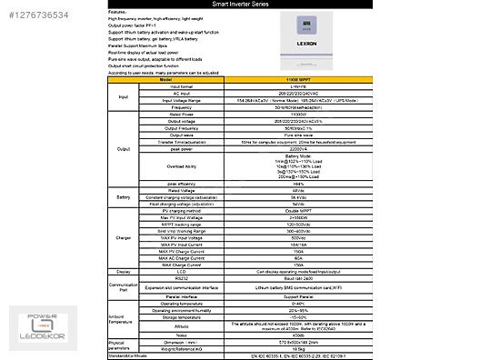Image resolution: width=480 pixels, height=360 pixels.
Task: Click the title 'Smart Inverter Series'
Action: [242, 5]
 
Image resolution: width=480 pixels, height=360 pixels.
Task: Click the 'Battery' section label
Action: [125, 195]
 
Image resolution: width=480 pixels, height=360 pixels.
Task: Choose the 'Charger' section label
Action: [125, 239]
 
